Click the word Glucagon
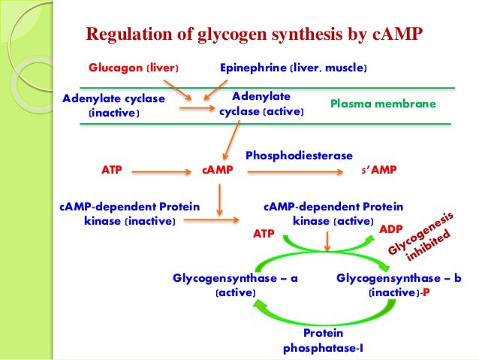coord(116,68)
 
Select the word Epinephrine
coord(253,68)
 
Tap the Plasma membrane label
coord(383,104)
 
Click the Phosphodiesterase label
coord(299,156)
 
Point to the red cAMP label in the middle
coord(218,170)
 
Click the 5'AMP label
coord(379,170)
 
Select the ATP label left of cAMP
coord(112,170)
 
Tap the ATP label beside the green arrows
coord(264,234)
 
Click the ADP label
coord(391,229)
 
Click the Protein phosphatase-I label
coord(323,340)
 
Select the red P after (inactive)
coord(426,292)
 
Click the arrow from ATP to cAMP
coord(161,172)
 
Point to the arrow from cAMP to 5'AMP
coord(295,172)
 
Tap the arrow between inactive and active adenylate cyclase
coord(197,108)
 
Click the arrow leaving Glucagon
coord(177,90)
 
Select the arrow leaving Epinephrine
coord(215,90)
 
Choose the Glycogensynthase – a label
coord(235,286)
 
